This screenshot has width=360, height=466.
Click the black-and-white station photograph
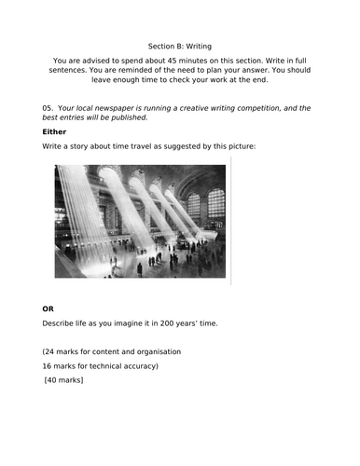point(140,221)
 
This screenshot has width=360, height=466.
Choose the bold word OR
point(48,308)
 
